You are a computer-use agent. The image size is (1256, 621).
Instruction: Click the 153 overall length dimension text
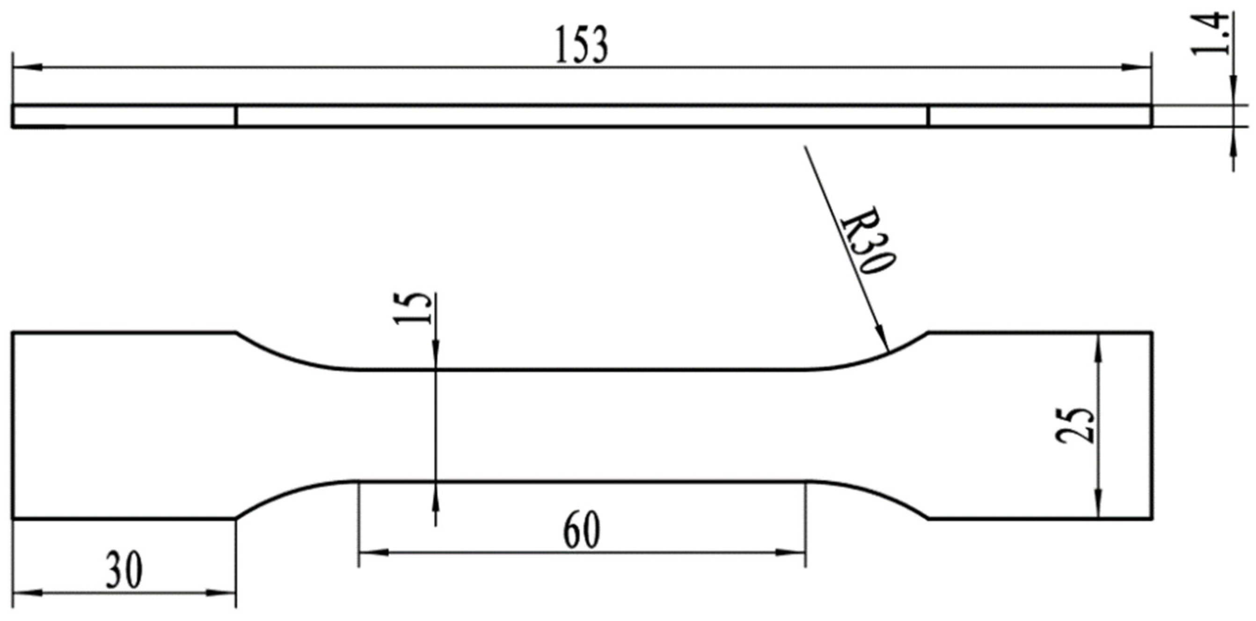pyautogui.click(x=582, y=46)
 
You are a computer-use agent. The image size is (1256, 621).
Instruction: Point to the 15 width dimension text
pyautogui.click(x=412, y=308)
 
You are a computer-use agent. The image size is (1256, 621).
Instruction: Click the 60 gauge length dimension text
pyautogui.click(x=581, y=531)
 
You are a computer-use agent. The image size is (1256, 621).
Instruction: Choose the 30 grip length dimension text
pyautogui.click(x=125, y=570)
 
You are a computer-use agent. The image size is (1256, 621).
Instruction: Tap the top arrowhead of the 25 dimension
pyautogui.click(x=1098, y=344)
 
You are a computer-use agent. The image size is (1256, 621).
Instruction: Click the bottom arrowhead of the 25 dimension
pyautogui.click(x=1098, y=507)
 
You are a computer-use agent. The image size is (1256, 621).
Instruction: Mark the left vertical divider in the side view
pyautogui.click(x=236, y=116)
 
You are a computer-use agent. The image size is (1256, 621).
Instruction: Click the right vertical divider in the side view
pyautogui.click(x=928, y=116)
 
